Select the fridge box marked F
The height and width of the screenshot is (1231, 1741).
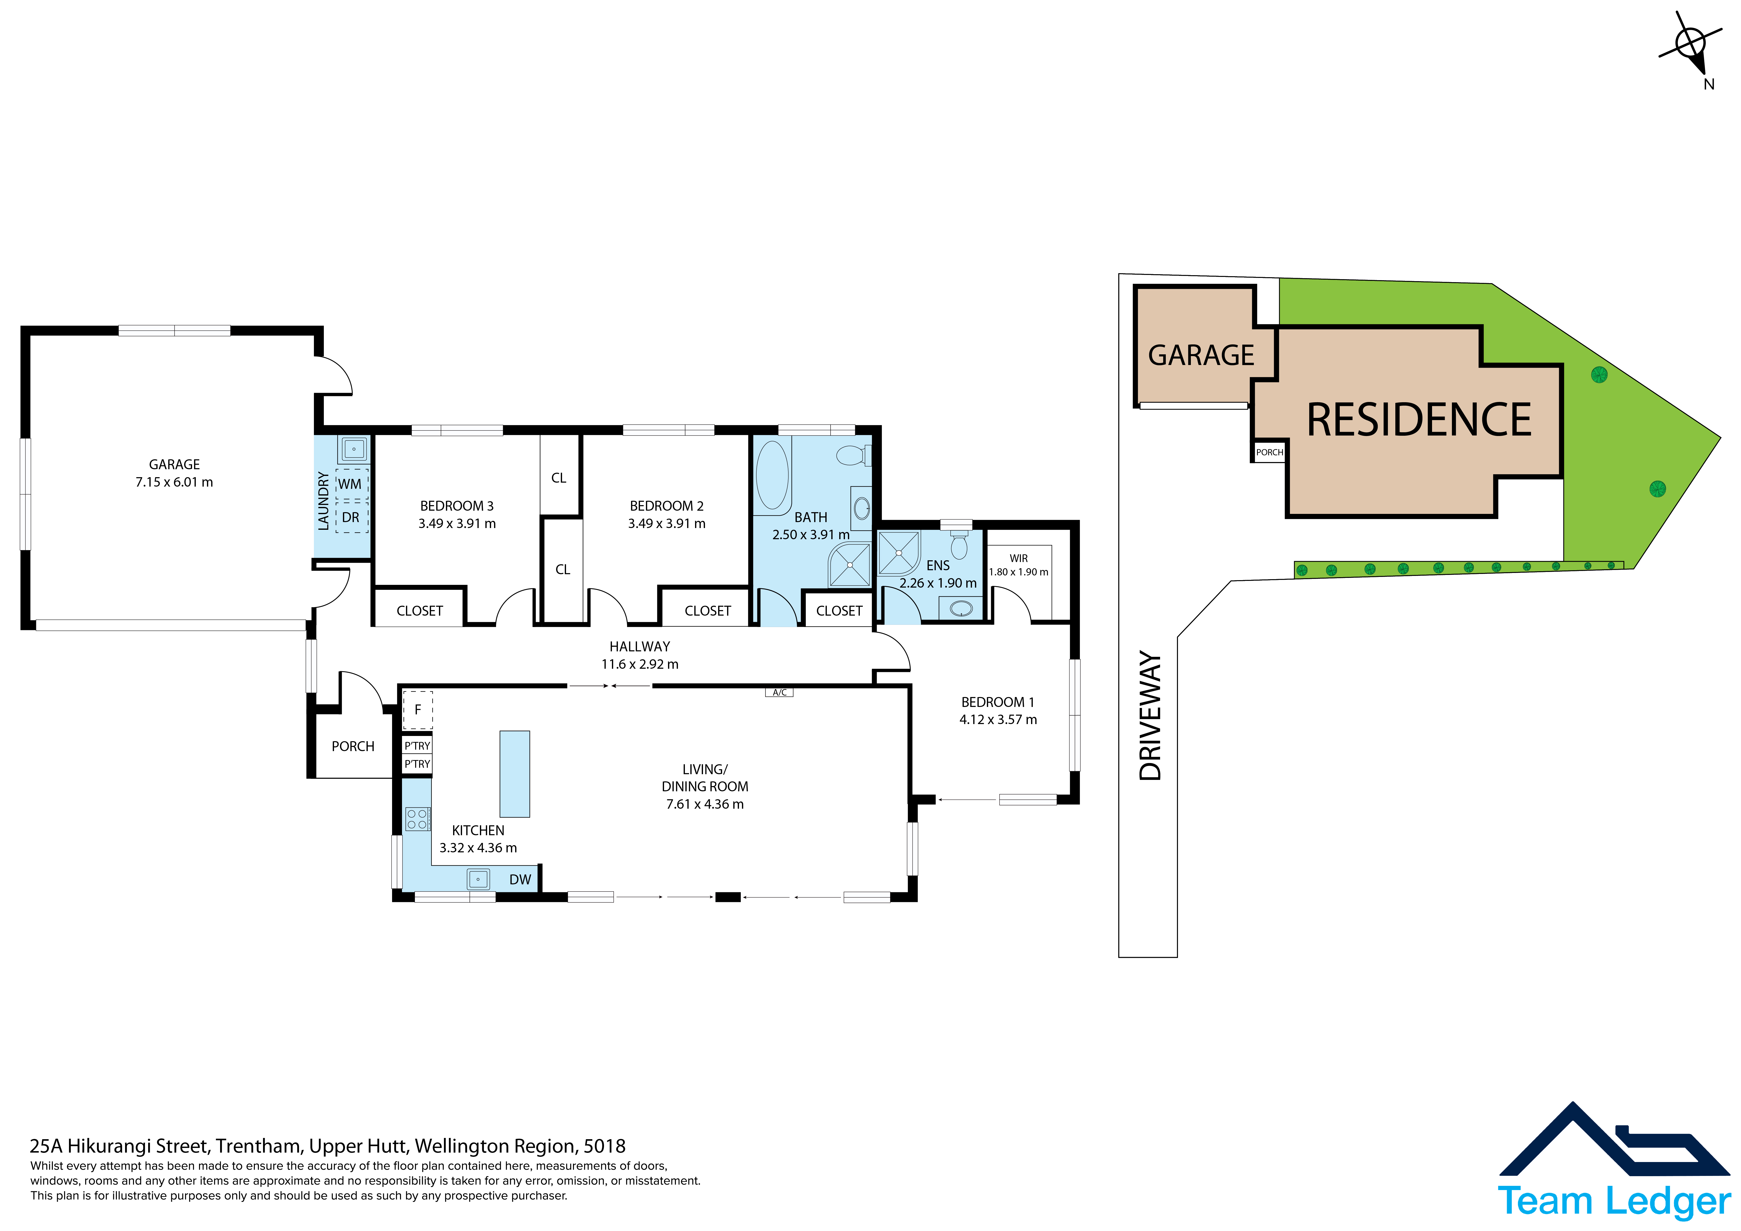click(417, 710)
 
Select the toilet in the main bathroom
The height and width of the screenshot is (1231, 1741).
click(853, 455)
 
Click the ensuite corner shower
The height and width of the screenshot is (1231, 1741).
click(899, 552)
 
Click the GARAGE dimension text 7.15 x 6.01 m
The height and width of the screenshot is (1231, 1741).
click(174, 482)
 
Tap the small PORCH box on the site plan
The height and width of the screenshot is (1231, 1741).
click(1269, 452)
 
